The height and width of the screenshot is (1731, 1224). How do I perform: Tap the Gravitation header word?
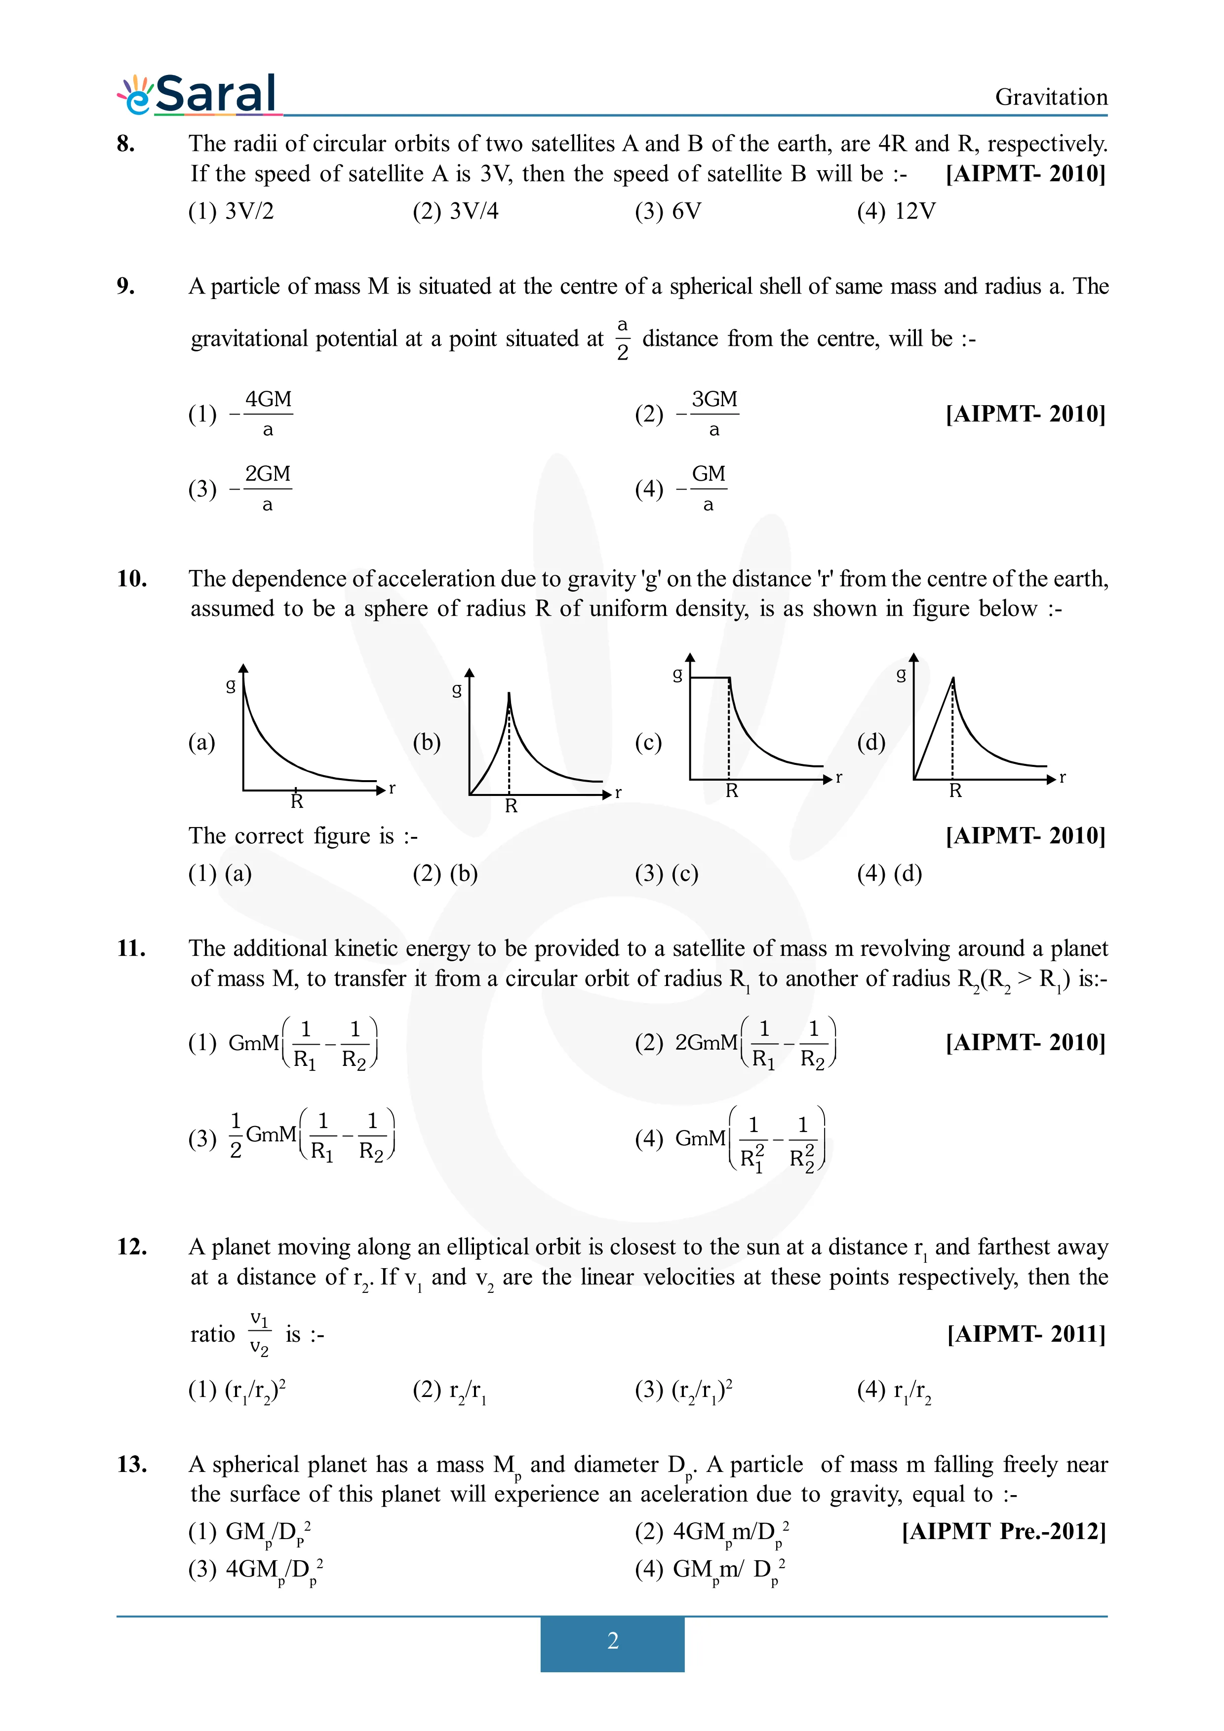(x=1051, y=97)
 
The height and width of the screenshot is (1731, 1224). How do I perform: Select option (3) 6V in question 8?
(x=668, y=211)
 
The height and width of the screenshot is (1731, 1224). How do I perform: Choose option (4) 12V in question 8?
(x=896, y=211)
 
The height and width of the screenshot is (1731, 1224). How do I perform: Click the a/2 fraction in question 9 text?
(x=622, y=339)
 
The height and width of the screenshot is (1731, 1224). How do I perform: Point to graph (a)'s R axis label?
(x=296, y=801)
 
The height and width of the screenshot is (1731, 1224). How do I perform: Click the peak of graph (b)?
(x=509, y=694)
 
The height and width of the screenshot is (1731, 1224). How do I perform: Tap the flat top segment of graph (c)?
(x=710, y=678)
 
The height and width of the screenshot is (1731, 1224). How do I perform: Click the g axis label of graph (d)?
(x=901, y=674)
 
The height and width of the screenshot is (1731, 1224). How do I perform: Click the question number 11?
(x=131, y=948)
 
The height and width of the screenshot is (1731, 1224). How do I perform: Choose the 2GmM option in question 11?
(x=735, y=1043)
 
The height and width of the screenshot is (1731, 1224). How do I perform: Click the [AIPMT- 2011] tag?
(x=1026, y=1334)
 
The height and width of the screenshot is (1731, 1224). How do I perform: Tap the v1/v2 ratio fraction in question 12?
(x=259, y=1334)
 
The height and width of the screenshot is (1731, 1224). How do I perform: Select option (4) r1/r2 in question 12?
(x=895, y=1390)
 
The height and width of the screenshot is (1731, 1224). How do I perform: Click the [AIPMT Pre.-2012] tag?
(x=1003, y=1531)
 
